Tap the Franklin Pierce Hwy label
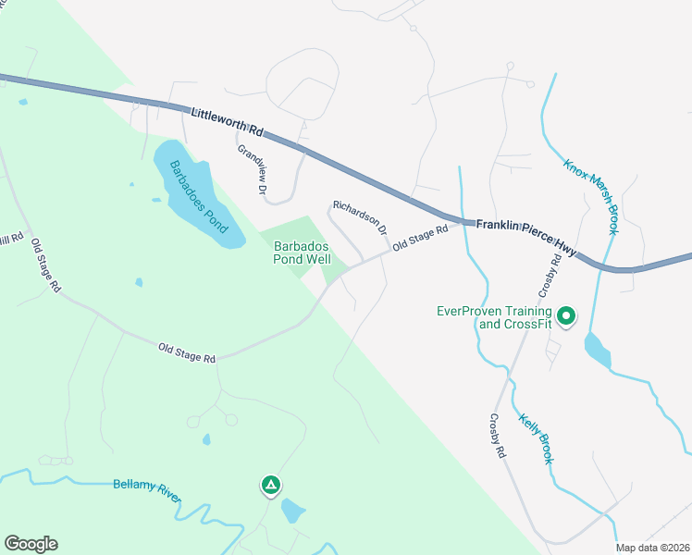[x=525, y=237]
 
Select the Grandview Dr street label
[x=252, y=168]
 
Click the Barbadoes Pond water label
[x=197, y=195]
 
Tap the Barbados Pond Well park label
[x=302, y=253]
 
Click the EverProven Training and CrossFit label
[x=494, y=317]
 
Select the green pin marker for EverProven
[x=566, y=316]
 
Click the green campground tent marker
[x=270, y=485]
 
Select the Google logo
[x=31, y=544]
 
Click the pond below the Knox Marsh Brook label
[x=598, y=349]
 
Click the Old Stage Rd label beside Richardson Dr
[x=420, y=239]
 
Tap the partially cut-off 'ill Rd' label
[x=11, y=239]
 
